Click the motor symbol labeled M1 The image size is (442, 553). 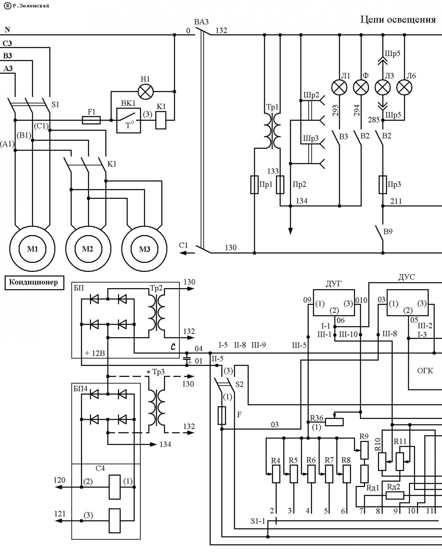click(x=32, y=249)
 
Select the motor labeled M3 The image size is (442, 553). click(x=144, y=249)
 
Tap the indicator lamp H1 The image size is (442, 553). click(x=146, y=91)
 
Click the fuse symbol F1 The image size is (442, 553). click(x=91, y=120)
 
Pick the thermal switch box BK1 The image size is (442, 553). click(x=129, y=120)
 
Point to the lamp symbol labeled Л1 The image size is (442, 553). click(x=340, y=87)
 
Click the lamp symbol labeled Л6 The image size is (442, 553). click(x=404, y=87)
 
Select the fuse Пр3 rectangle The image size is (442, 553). click(x=383, y=185)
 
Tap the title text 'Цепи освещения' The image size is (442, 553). click(x=398, y=20)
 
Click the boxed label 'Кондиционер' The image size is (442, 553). click(x=34, y=283)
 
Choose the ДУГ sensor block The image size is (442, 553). click(x=334, y=303)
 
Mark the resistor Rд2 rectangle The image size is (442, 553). click(x=395, y=495)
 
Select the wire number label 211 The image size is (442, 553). click(x=396, y=201)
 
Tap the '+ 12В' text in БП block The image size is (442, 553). click(x=95, y=353)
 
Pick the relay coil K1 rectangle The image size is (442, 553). click(x=161, y=120)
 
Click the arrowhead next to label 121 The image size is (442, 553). click(x=58, y=521)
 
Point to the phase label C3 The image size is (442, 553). click(x=7, y=43)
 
